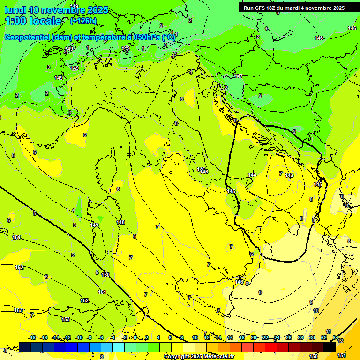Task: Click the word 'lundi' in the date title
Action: [15, 10]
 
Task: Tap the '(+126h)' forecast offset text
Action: [83, 21]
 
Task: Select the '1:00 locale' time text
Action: [33, 21]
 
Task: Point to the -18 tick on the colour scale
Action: [32, 337]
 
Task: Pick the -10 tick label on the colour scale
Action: [79, 337]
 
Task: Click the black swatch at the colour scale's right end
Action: [330, 347]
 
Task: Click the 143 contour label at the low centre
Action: [289, 175]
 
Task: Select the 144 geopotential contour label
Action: [252, 175]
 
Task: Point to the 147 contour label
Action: [238, 76]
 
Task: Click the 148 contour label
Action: [121, 222]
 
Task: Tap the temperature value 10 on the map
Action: [316, 311]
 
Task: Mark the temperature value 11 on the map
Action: [328, 331]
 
